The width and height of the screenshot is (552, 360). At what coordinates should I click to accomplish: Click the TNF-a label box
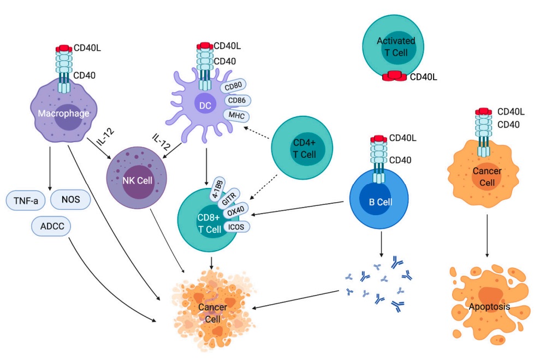(26, 200)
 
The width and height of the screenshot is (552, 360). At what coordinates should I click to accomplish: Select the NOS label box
(71, 200)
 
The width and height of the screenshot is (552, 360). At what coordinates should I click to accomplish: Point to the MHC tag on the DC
(236, 115)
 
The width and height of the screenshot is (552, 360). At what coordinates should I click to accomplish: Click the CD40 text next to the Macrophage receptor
(85, 75)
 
